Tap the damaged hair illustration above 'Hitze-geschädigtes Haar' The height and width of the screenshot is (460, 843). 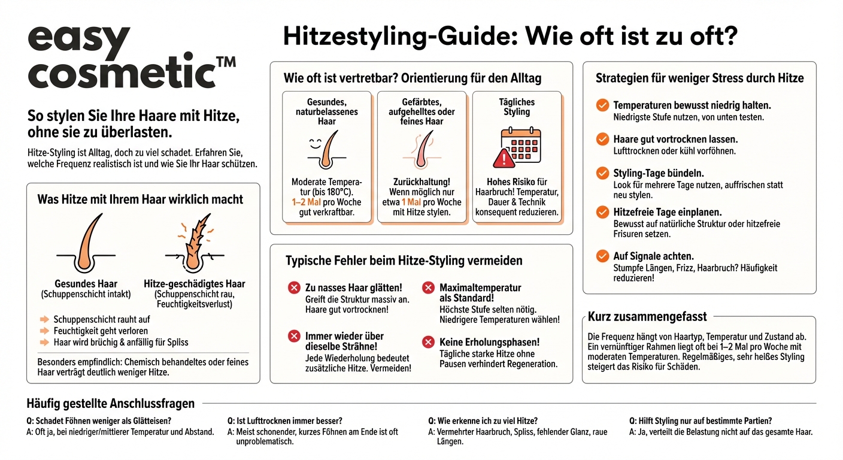coord(194,243)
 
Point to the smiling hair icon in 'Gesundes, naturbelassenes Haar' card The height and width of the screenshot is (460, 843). coord(326,150)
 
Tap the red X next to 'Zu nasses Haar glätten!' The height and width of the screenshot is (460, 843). coord(294,288)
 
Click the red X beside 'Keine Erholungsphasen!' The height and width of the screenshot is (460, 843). coord(428,342)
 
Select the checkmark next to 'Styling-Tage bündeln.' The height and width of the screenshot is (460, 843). coord(602,174)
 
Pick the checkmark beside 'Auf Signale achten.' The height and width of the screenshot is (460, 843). coord(602,256)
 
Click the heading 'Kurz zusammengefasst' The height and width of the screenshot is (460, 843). coord(647,316)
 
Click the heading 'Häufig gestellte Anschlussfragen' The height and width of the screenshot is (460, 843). coord(110,403)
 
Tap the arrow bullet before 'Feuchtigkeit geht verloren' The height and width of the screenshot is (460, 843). coord(44,331)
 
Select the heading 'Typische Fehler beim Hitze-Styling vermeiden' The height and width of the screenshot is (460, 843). coord(404,261)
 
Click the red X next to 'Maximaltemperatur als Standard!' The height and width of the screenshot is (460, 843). coord(428,288)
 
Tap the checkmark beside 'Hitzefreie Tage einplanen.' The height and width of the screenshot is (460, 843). coord(602,212)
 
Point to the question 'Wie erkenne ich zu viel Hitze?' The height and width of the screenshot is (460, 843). coord(483,421)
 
